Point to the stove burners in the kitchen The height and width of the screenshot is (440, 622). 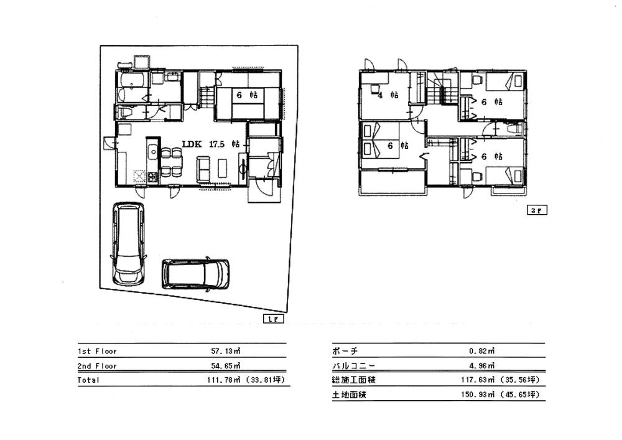tap(139, 176)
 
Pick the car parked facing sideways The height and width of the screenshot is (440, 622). tap(195, 273)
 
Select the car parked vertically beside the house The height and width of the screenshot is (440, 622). tap(128, 243)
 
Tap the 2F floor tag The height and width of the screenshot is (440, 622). tap(537, 210)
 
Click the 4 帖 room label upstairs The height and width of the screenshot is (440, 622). tap(388, 95)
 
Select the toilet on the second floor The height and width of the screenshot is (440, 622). tap(515, 128)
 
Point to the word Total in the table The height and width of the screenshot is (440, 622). tap(88, 380)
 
